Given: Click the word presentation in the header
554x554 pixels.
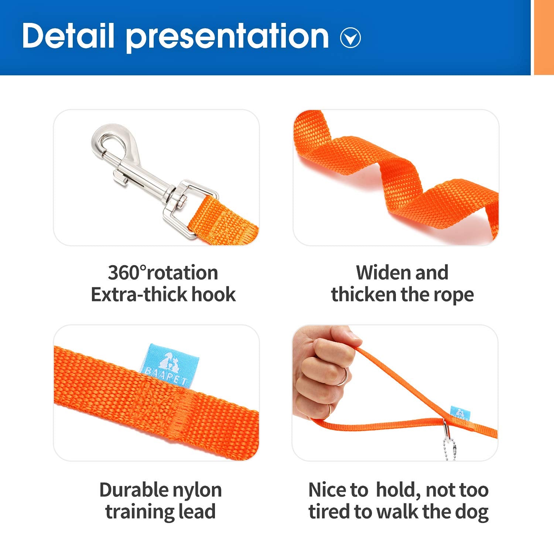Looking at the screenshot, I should tap(227, 37).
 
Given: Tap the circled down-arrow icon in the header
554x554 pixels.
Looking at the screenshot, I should tap(350, 38).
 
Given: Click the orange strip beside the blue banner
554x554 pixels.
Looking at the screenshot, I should tap(544, 37).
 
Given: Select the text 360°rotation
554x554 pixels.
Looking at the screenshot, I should tap(163, 273).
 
